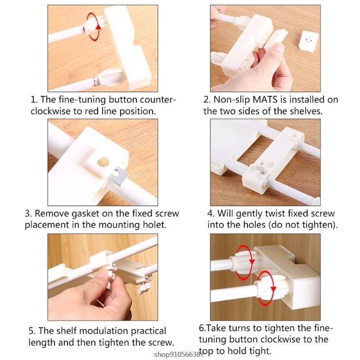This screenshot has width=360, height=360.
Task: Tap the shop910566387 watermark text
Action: point(178,354)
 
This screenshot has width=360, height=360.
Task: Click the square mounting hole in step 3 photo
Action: point(103,162)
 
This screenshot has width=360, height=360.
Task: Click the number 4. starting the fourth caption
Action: point(211,214)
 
